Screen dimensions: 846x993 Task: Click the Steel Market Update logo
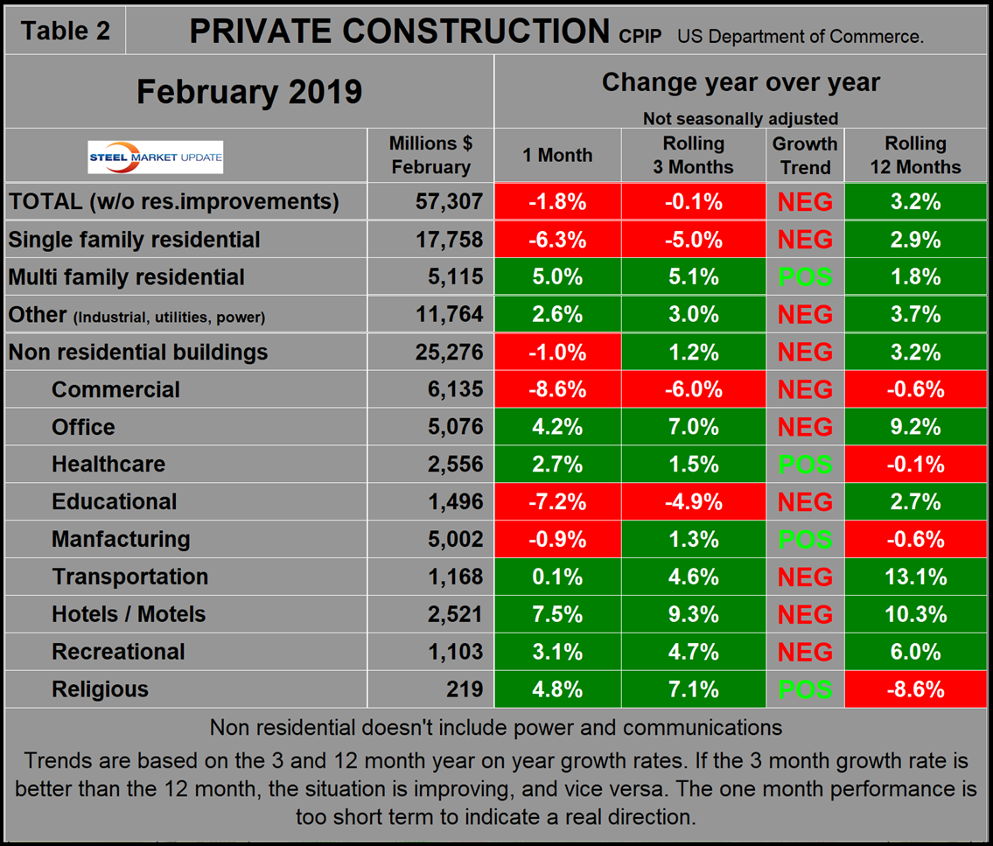pyautogui.click(x=155, y=157)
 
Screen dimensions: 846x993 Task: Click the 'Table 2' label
pyautogui.click(x=66, y=31)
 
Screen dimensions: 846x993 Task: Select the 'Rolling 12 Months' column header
pyautogui.click(x=915, y=155)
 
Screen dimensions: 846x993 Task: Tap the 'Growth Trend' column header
pyautogui.click(x=805, y=155)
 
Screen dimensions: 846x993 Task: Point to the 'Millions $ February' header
pyautogui.click(x=430, y=155)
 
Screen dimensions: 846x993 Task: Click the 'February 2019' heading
pyautogui.click(x=248, y=92)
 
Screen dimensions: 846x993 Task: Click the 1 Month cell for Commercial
pyautogui.click(x=557, y=389)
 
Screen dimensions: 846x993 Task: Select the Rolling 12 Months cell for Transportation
pyautogui.click(x=915, y=577)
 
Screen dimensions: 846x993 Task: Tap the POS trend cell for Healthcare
pyautogui.click(x=805, y=465)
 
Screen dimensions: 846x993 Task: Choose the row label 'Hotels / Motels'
pyautogui.click(x=129, y=614)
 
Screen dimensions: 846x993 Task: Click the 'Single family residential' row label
pyautogui.click(x=134, y=240)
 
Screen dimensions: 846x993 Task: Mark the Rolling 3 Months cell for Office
pyautogui.click(x=693, y=427)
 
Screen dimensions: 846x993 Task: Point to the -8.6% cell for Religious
pyautogui.click(x=915, y=689)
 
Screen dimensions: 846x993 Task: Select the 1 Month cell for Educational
pyautogui.click(x=557, y=502)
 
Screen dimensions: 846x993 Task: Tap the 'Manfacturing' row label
pyautogui.click(x=121, y=539)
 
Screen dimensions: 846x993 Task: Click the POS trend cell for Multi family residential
pyautogui.click(x=805, y=277)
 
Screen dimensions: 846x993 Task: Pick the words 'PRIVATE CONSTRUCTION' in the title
pyautogui.click(x=399, y=31)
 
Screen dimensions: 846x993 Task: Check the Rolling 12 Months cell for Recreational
pyautogui.click(x=915, y=652)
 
